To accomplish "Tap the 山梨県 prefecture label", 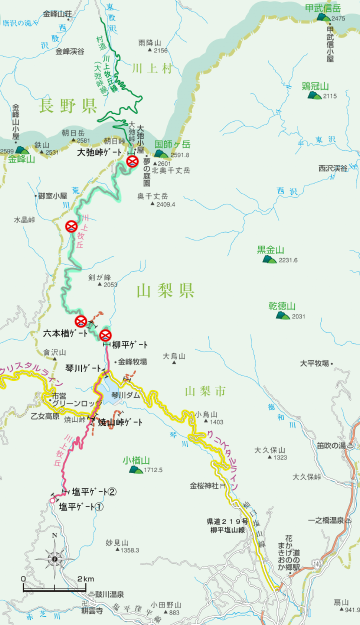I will pyautogui.click(x=165, y=290).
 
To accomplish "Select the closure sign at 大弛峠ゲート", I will pyautogui.click(x=132, y=161).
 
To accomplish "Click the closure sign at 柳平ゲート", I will pyautogui.click(x=105, y=335).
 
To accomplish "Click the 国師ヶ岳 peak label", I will pyautogui.click(x=172, y=144).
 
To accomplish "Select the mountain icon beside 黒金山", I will pyautogui.click(x=269, y=259).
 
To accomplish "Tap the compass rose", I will pyautogui.click(x=55, y=557).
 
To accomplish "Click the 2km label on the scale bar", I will pyautogui.click(x=85, y=579).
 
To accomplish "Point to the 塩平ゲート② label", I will pyautogui.click(x=94, y=491).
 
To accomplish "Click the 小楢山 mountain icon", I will pyautogui.click(x=135, y=469).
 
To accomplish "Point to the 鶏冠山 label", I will pyautogui.click(x=315, y=85).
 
